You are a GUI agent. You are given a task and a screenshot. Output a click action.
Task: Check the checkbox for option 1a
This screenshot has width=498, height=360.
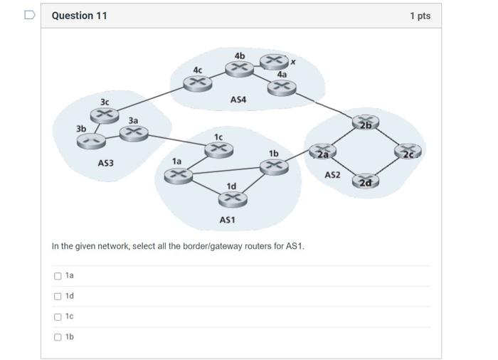(x=58, y=275)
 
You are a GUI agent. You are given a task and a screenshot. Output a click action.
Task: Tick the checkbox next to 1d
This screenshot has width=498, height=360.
(x=58, y=296)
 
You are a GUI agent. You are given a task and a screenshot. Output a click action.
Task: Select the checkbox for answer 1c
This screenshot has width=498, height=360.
(x=58, y=317)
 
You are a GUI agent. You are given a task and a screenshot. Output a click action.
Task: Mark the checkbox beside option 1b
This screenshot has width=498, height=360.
(x=58, y=337)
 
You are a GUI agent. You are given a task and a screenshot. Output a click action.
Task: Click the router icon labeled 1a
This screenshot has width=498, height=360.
(x=179, y=174)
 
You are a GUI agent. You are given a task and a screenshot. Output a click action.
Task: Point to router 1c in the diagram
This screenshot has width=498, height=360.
(x=218, y=149)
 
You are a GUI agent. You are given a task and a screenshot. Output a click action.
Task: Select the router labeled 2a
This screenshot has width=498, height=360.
(x=322, y=152)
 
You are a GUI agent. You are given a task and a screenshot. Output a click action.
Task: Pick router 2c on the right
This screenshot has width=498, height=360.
(x=410, y=152)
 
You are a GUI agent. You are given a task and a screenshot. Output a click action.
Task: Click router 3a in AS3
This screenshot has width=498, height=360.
(x=134, y=132)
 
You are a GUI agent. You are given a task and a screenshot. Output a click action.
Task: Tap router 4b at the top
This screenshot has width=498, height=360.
(x=239, y=68)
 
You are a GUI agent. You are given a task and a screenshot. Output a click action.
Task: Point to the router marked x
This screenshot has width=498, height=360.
(x=273, y=61)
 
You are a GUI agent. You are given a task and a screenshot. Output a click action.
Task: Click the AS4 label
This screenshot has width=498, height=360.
(x=238, y=100)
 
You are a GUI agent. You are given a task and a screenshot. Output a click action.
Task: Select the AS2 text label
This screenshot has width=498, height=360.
(x=332, y=174)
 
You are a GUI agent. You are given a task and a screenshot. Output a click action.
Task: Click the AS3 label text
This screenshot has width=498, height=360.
(x=105, y=164)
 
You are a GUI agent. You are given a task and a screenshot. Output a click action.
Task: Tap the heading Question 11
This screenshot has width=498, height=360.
(x=80, y=15)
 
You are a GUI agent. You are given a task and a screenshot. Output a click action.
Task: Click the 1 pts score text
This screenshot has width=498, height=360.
(x=420, y=16)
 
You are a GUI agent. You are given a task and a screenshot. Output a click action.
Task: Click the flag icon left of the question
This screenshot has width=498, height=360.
(x=29, y=14)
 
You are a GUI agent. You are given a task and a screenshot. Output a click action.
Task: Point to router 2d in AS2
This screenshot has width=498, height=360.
(x=364, y=181)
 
